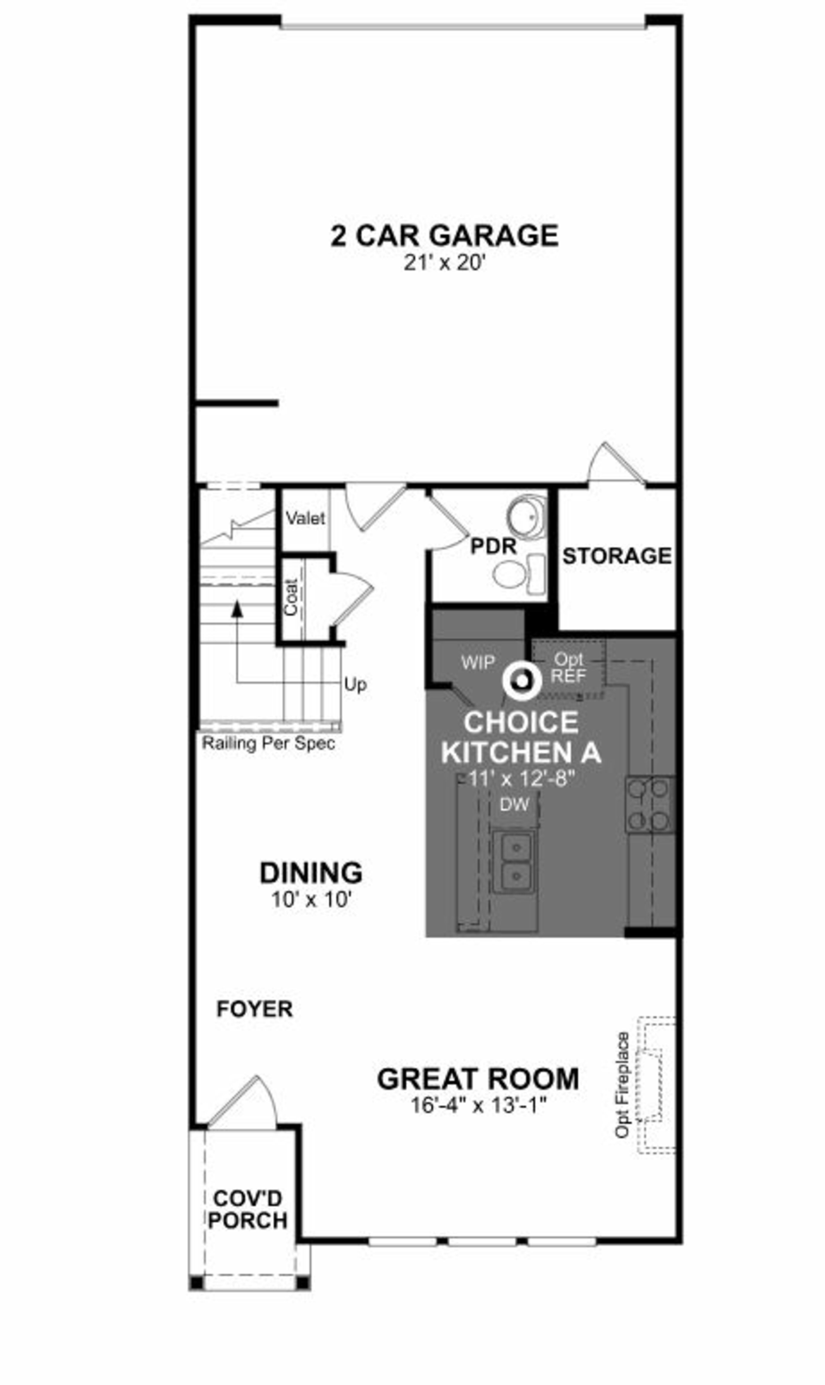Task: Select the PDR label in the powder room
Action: click(x=493, y=546)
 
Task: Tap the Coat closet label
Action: click(x=291, y=597)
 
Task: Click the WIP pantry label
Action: click(x=478, y=663)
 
